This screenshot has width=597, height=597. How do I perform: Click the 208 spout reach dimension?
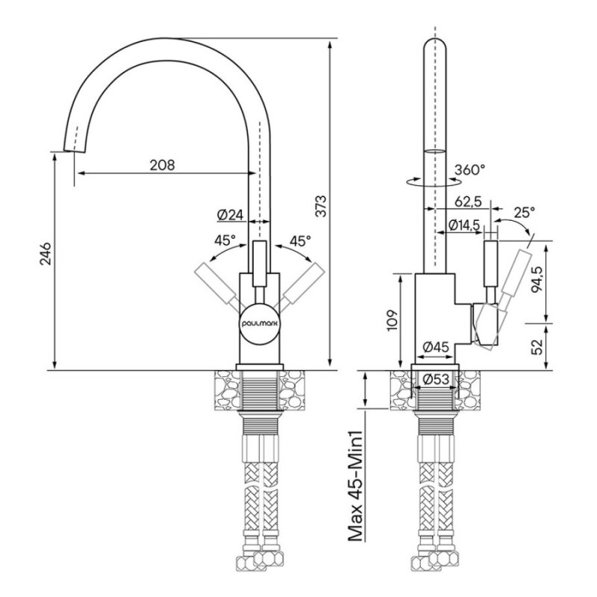tap(162, 165)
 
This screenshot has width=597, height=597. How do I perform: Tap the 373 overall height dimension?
tap(322, 206)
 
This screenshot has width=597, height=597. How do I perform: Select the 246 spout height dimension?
tap(46, 253)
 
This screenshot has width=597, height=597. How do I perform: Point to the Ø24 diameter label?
tap(231, 215)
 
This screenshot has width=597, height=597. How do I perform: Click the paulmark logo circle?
tap(260, 323)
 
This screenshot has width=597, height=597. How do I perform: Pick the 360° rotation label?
tap(469, 169)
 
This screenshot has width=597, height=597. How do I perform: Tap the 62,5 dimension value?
tap(468, 201)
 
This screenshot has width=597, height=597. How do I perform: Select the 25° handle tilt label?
tap(524, 212)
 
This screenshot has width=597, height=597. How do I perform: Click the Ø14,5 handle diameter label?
tap(464, 225)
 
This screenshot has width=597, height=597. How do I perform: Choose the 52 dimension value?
tap(536, 346)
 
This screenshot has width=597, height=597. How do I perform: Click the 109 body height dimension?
tap(393, 320)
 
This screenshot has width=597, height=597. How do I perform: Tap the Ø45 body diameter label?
tap(437, 347)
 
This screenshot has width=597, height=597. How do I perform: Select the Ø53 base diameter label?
tap(437, 379)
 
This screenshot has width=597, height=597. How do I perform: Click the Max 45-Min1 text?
tap(355, 486)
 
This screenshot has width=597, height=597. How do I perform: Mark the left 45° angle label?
tap(225, 240)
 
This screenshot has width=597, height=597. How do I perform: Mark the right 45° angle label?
tap(301, 240)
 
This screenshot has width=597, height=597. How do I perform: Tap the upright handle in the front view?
tap(260, 263)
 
